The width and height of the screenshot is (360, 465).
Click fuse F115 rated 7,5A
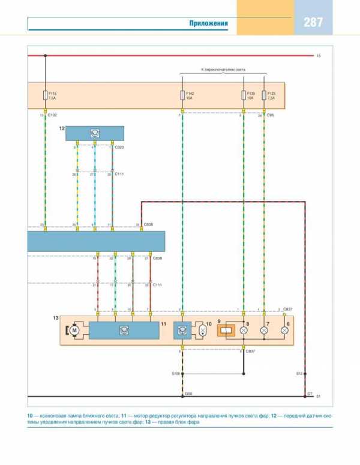[x=45, y=95]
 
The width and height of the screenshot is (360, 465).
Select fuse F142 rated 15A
[x=182, y=95]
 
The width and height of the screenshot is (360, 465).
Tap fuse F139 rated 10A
[x=244, y=95]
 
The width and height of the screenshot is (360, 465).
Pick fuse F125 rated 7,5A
[x=265, y=95]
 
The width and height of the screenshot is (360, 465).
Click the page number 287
[x=313, y=23]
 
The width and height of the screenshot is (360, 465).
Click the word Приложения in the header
[x=209, y=23]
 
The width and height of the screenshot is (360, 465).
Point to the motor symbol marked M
[x=75, y=329]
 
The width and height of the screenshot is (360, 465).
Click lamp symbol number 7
[x=265, y=330]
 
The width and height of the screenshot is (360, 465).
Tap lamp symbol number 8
[x=244, y=330]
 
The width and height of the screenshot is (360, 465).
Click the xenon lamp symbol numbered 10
[x=202, y=330]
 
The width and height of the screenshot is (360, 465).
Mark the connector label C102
[x=53, y=115]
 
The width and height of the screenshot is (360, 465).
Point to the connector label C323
[x=120, y=147]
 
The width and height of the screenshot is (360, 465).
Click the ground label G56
[x=188, y=394]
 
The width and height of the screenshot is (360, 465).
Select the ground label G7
[x=310, y=394]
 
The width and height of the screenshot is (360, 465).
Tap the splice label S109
[x=175, y=374]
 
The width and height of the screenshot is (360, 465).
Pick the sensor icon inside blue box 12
[x=94, y=133]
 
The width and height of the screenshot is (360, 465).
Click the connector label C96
[x=272, y=115]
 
